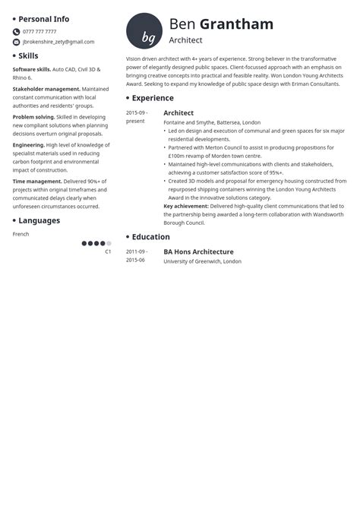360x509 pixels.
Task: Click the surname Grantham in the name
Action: [236, 24]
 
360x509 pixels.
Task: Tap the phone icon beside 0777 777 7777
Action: [17, 32]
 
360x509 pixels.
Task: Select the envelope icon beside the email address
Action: [17, 42]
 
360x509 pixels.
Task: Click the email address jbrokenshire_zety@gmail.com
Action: [58, 42]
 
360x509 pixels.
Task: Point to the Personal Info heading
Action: [43, 19]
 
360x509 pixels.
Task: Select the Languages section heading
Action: [39, 221]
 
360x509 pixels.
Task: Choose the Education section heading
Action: [150, 237]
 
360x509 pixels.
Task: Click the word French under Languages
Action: [21, 234]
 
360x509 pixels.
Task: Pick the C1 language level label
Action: [108, 251]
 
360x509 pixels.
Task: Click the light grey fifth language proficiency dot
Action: [109, 243]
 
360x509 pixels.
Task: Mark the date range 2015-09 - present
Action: [137, 117]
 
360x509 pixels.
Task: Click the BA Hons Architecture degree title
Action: [198, 251]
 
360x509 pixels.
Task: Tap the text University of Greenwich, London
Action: [202, 261]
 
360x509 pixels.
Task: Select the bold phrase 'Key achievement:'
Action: [186, 206]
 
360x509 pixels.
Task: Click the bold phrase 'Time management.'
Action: [38, 182]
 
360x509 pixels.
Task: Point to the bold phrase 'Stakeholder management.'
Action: [46, 89]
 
